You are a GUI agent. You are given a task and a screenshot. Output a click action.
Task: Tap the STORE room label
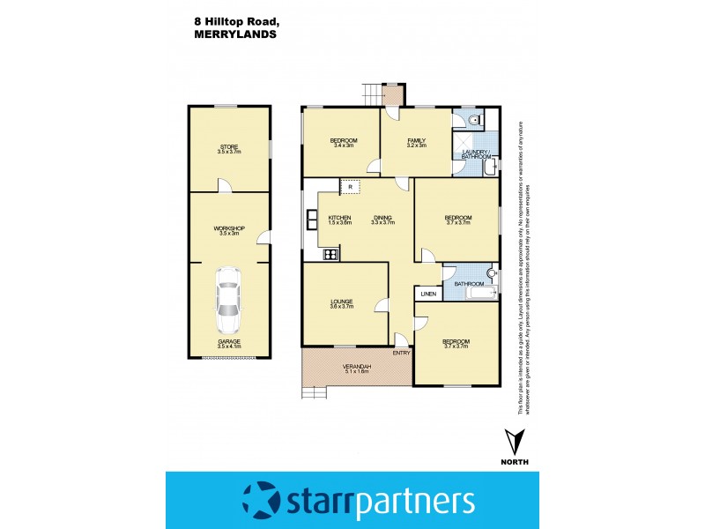coord(228,146)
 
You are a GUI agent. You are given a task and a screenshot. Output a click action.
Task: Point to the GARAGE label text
coord(229,341)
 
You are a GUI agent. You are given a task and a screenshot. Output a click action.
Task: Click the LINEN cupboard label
coord(427,294)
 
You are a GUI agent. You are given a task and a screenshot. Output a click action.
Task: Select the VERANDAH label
coord(357,366)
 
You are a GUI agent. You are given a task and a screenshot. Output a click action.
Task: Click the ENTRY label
coord(402,354)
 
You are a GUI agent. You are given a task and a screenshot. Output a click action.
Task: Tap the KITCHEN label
coord(340,218)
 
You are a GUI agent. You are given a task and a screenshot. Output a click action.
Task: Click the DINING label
coord(382,218)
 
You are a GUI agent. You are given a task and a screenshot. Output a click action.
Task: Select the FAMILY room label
coord(416,140)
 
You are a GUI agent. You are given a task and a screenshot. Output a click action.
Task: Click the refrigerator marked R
coord(350,187)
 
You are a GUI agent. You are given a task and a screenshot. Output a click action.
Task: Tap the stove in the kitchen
coord(331,256)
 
